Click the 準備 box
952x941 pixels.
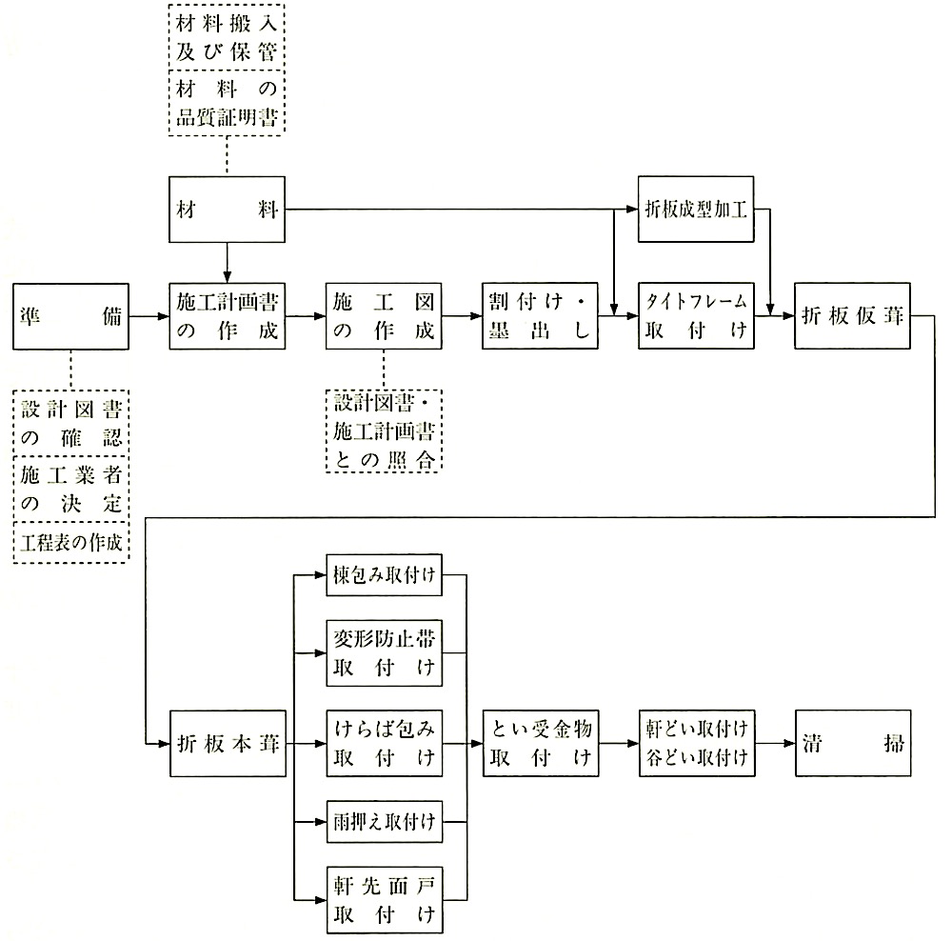70,316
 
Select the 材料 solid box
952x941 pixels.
227,210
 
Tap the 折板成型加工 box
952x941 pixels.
696,210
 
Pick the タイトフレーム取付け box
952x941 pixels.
696,316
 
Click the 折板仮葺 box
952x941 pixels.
852,316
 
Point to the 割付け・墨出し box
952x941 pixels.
540,316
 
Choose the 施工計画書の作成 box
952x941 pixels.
227,316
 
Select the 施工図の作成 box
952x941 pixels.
383,316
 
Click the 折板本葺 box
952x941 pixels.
228,743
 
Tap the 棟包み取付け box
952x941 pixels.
384,574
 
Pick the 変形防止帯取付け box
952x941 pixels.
384,653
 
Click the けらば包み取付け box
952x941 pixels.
384,743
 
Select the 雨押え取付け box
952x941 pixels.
384,821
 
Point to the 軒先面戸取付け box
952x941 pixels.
385,900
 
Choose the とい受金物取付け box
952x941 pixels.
541,743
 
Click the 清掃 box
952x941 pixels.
853,743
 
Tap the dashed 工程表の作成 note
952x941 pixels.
71,543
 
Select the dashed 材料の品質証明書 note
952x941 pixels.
227,103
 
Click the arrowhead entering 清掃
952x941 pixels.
790,743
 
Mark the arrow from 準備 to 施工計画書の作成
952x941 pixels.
149,316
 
